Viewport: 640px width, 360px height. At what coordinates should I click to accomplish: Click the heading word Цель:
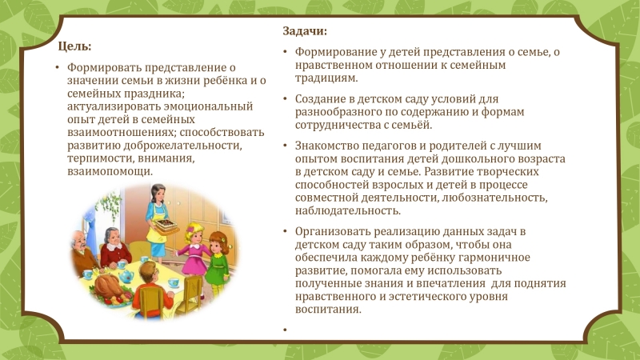click(x=74, y=46)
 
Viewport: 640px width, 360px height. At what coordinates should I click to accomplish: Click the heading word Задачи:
click(x=305, y=31)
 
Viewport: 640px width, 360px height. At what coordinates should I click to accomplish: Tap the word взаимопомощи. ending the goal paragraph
click(x=110, y=171)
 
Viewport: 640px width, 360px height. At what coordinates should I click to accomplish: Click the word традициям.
click(x=326, y=78)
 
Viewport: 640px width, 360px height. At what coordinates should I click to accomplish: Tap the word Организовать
click(x=333, y=231)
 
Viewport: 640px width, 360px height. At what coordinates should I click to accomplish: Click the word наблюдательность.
click(x=348, y=210)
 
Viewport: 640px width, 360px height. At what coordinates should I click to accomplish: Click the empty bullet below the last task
click(x=285, y=330)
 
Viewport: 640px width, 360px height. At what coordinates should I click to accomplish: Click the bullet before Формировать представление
click(x=58, y=67)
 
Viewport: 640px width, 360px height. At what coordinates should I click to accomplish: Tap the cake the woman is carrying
click(x=166, y=224)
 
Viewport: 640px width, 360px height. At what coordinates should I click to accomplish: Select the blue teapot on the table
click(x=126, y=276)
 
